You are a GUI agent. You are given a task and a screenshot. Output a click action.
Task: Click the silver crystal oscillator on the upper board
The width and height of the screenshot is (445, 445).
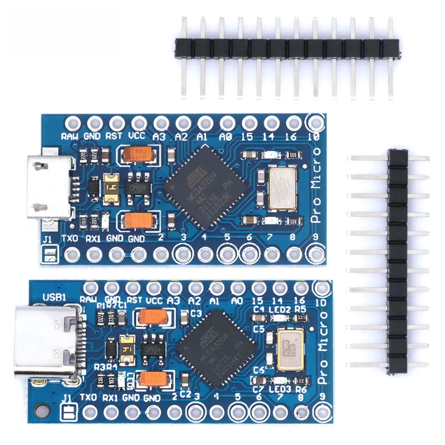coord(282,189)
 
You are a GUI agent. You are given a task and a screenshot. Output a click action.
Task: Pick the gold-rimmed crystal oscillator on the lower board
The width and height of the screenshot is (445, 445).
coord(290,349)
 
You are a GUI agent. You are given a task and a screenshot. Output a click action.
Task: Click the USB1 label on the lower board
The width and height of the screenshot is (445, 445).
coord(52,297)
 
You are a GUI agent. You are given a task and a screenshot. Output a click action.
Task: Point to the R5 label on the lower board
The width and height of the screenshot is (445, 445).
coord(300,308)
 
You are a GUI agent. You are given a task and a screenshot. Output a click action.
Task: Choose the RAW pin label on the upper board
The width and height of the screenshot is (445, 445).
coord(70,137)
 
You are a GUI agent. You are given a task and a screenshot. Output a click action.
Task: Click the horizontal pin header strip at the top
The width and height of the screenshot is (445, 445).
coord(287,47)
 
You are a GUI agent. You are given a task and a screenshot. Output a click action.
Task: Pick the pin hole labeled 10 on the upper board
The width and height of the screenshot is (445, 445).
coord(316,121)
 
